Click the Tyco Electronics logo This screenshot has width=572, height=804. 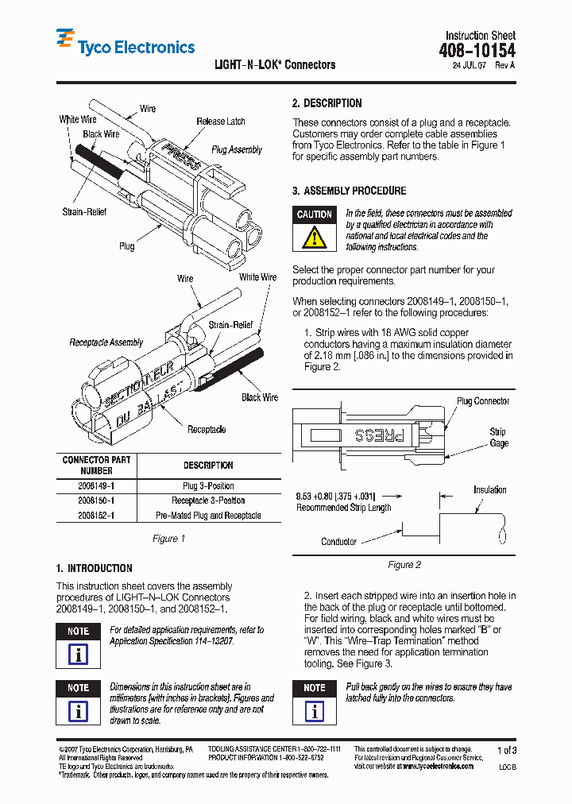coord(125,44)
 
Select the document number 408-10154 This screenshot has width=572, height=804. coord(477,51)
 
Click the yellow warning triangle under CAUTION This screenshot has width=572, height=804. coord(315,237)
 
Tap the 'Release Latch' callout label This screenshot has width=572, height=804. coord(221,122)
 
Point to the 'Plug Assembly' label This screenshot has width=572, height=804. coord(237,149)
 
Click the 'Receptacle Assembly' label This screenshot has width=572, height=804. coord(106,342)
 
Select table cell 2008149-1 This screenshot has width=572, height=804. coord(96,485)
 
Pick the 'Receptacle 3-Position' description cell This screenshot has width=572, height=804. coord(208,501)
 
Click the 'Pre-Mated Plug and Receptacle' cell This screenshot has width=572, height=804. coord(208,516)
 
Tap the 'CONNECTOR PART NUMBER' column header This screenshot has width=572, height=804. coord(96,465)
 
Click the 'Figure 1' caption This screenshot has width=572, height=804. coord(168,539)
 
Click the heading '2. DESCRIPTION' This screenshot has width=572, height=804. coord(327,103)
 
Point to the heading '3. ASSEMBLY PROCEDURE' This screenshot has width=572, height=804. coord(349,191)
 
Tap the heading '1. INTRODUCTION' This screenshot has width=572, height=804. coord(94,568)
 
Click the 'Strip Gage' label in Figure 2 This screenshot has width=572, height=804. coord(498,438)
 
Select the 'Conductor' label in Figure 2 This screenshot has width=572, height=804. coord(338,542)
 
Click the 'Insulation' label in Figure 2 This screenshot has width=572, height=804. coord(489,489)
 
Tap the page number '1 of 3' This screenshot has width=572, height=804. coord(506,750)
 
